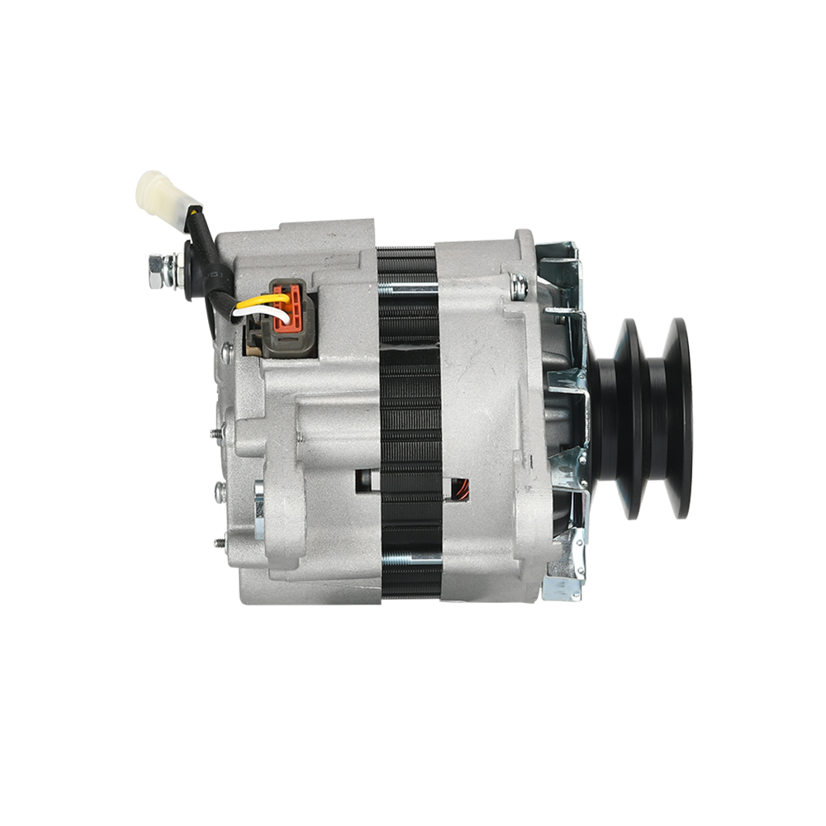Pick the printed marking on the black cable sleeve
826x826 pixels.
coord(213,273)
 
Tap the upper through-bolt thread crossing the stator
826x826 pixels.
coord(408,288)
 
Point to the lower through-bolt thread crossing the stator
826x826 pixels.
coord(410,558)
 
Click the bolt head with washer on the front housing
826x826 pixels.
coord(520,287)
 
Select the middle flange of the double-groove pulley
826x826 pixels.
coord(636,417)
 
